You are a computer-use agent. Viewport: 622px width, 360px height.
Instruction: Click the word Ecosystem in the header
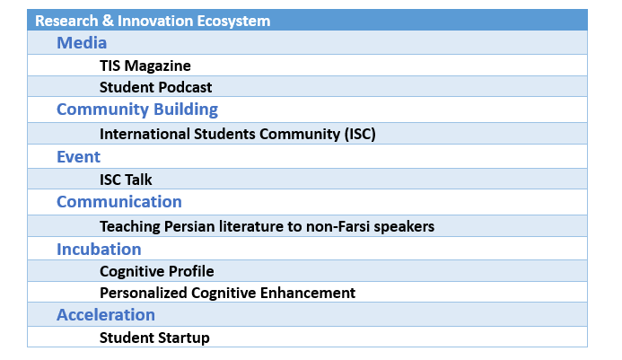pyautogui.click(x=233, y=21)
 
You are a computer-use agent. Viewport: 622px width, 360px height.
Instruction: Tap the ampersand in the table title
pyautogui.click(x=108, y=21)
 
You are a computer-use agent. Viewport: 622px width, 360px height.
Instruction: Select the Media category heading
pyautogui.click(x=82, y=43)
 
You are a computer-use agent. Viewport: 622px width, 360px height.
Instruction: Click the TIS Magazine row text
pyautogui.click(x=145, y=66)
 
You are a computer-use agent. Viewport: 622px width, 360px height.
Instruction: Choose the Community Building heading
pyautogui.click(x=137, y=110)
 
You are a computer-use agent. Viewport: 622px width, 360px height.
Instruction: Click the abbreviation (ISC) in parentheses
pyautogui.click(x=360, y=134)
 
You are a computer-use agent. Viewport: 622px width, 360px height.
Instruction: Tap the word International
pyautogui.click(x=145, y=134)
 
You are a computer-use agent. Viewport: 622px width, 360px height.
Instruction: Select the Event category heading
pyautogui.click(x=79, y=157)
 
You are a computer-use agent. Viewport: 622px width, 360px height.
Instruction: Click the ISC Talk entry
pyautogui.click(x=126, y=180)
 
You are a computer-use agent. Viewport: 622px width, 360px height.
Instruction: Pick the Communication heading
pyautogui.click(x=119, y=202)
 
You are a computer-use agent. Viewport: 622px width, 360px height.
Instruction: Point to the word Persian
pyautogui.click(x=189, y=226)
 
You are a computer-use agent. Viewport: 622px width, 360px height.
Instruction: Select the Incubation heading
pyautogui.click(x=99, y=250)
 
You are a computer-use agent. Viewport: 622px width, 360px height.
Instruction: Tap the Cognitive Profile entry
pyautogui.click(x=157, y=271)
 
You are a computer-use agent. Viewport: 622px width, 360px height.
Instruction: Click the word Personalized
pyautogui.click(x=144, y=293)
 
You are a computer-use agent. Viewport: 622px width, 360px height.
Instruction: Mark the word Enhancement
pyautogui.click(x=308, y=293)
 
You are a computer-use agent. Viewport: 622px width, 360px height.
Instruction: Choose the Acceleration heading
pyautogui.click(x=106, y=315)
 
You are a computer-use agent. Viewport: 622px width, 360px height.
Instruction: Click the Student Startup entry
pyautogui.click(x=154, y=338)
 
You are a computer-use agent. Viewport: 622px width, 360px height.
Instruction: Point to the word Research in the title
pyautogui.click(x=66, y=21)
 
